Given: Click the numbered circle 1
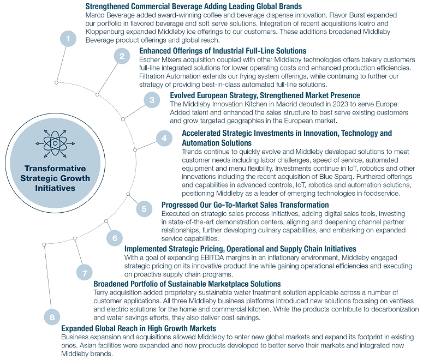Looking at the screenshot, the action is [68, 39].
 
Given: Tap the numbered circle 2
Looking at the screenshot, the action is [122, 56].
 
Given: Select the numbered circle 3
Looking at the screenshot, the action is [152, 100].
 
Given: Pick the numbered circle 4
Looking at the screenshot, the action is [164, 139].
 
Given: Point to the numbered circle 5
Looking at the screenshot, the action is [144, 208].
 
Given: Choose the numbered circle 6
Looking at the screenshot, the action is [114, 238].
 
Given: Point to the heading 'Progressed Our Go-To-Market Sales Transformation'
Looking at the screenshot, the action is [245, 205].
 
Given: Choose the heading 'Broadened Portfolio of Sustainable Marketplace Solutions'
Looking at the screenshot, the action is [187, 284].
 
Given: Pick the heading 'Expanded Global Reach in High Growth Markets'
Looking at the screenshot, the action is [139, 328].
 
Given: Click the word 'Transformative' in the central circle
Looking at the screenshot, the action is [54, 169].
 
